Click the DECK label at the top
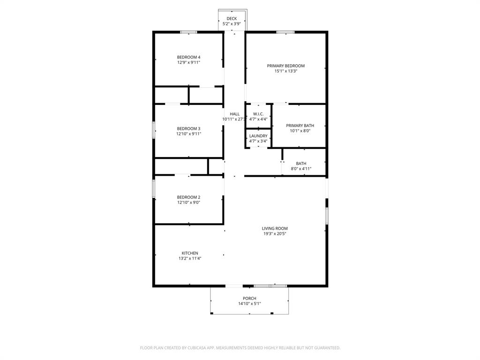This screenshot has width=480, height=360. [232, 19]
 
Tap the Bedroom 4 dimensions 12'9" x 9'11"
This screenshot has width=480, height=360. [188, 62]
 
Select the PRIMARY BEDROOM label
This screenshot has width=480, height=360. [285, 66]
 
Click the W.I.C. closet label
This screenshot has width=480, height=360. [258, 114]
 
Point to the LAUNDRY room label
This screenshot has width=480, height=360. [258, 136]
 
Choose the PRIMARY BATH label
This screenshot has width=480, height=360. [300, 126]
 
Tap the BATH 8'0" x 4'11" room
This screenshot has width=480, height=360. [301, 166]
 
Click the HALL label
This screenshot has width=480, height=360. [234, 114]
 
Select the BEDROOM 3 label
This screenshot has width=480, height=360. [188, 128]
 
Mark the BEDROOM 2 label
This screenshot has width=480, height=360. [188, 197]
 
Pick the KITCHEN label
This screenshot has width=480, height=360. [190, 253]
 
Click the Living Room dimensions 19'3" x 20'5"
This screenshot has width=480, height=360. [275, 233]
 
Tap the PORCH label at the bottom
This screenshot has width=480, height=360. [249, 299]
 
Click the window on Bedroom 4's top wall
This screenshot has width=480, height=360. [188, 32]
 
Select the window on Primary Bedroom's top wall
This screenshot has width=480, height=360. [285, 32]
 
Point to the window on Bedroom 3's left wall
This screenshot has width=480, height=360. [154, 130]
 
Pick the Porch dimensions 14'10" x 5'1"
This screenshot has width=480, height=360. [249, 304]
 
